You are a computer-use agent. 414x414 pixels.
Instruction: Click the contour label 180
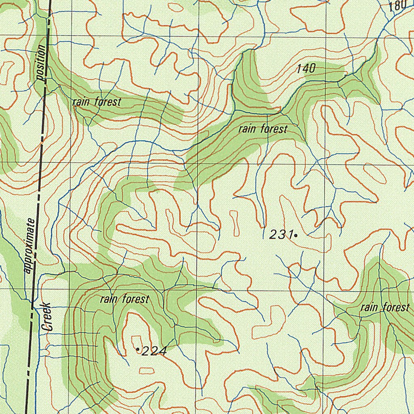(398, 6)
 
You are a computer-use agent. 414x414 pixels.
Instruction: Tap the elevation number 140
(306, 69)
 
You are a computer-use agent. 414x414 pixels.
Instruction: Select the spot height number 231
(281, 234)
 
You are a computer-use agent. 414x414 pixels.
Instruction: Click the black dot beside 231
(296, 235)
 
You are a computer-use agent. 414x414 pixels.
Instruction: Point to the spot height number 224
(154, 352)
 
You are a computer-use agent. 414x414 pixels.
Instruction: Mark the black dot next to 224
(137, 349)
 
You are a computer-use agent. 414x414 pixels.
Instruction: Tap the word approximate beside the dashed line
(29, 246)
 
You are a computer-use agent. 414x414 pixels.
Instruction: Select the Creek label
(48, 317)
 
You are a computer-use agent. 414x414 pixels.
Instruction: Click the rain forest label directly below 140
(263, 129)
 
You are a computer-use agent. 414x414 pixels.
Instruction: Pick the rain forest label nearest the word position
(97, 102)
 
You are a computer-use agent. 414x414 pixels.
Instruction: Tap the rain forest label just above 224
(125, 300)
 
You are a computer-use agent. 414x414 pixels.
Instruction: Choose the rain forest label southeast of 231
(385, 308)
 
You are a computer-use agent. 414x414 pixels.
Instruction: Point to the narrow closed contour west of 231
(234, 222)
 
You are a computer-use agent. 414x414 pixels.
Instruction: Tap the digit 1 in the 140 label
(299, 69)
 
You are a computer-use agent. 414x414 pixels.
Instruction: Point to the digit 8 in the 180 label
(398, 6)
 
